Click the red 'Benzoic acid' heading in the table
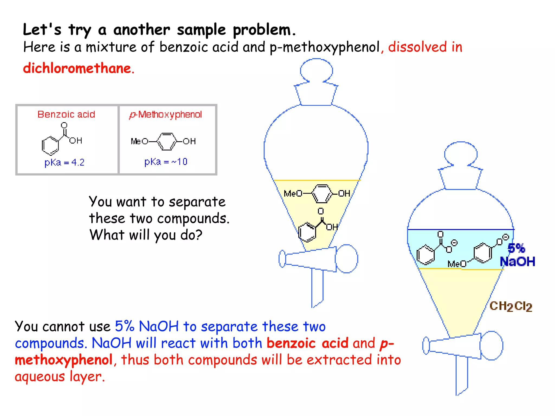pyautogui.click(x=66, y=114)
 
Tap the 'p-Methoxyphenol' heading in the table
pyautogui.click(x=166, y=115)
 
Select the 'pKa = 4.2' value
pyautogui.click(x=64, y=162)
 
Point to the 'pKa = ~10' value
pyautogui.click(x=166, y=162)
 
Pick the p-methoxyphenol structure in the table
pyautogui.click(x=163, y=141)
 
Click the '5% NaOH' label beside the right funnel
pyautogui.click(x=517, y=255)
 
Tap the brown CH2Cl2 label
pyautogui.click(x=511, y=306)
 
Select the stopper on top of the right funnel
pyautogui.click(x=461, y=165)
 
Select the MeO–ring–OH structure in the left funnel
pyautogui.click(x=317, y=193)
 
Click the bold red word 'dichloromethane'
pyautogui.click(x=77, y=68)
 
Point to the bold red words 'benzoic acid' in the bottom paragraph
pyautogui.click(x=307, y=343)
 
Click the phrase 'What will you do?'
pyautogui.click(x=146, y=235)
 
